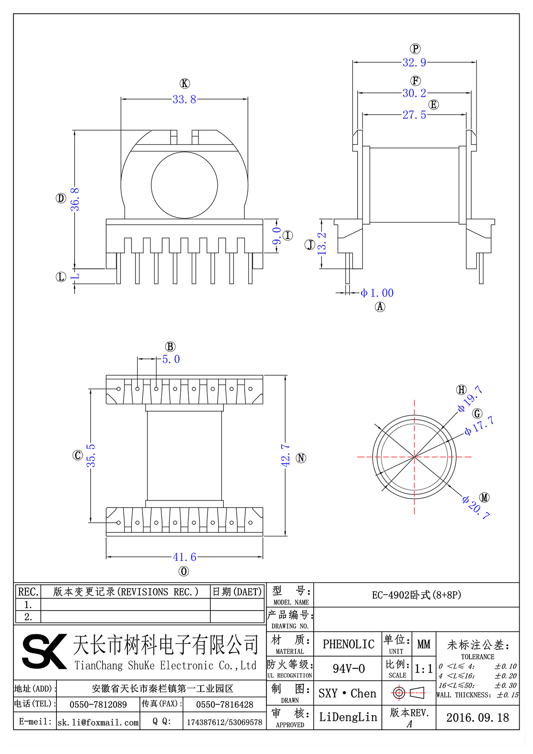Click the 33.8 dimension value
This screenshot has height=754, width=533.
click(x=184, y=99)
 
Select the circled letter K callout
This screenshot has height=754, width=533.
click(x=185, y=83)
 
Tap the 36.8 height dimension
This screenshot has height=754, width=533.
click(x=75, y=199)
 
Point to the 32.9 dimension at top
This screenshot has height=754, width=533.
click(x=414, y=63)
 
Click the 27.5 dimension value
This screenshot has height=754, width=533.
click(x=414, y=115)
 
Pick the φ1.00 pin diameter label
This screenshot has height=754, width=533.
click(x=377, y=293)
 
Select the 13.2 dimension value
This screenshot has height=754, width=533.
click(x=322, y=243)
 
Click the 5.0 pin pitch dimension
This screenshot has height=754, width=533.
click(x=171, y=359)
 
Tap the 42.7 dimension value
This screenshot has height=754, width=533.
click(x=286, y=456)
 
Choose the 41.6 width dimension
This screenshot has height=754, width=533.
click(x=184, y=557)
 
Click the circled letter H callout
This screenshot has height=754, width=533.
click(x=461, y=389)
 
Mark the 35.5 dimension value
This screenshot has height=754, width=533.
click(x=91, y=456)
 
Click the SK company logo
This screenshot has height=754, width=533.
click(x=44, y=651)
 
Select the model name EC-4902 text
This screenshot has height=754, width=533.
click(x=416, y=595)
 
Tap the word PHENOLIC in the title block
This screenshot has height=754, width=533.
click(x=348, y=644)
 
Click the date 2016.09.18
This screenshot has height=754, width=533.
click(x=477, y=718)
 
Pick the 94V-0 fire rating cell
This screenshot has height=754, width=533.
click(x=348, y=669)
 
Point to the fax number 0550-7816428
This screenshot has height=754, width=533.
click(x=224, y=705)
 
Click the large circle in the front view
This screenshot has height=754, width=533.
click(x=184, y=185)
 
